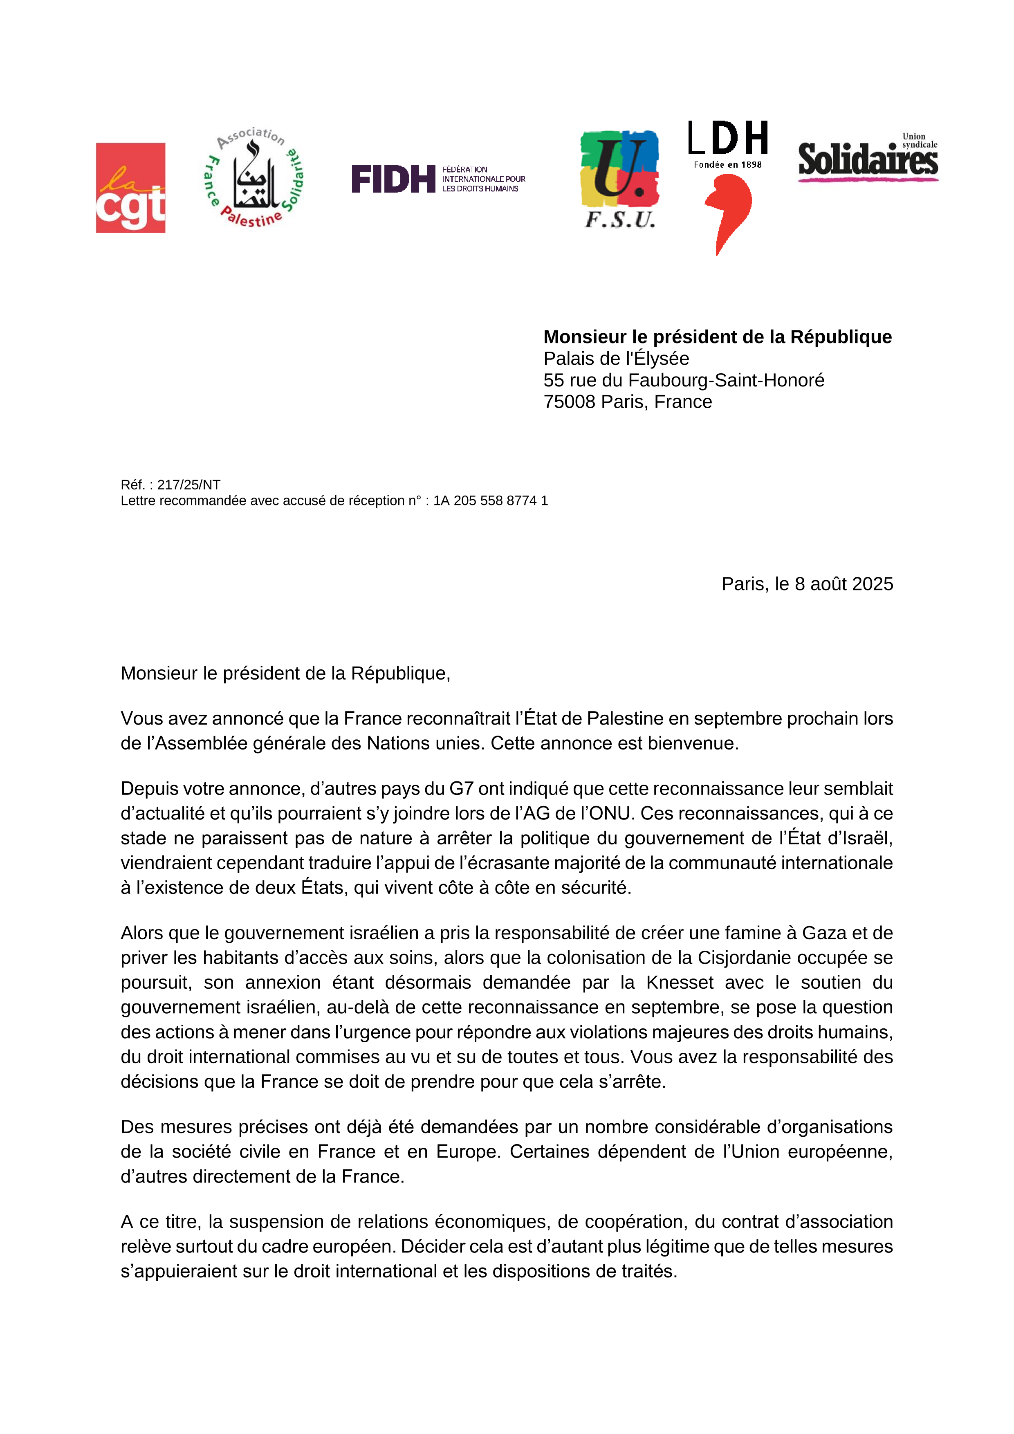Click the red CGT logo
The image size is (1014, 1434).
pos(130,188)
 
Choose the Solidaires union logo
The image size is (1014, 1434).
pos(868,159)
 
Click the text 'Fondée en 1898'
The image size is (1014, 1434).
pos(727,165)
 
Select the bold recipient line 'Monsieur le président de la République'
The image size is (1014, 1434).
pos(718,337)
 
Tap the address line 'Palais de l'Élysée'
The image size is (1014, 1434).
pos(616,359)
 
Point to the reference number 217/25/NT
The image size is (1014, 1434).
pos(188,485)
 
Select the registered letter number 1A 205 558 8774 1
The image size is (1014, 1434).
pos(490,500)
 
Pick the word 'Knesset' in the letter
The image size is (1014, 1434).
pos(679,983)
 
